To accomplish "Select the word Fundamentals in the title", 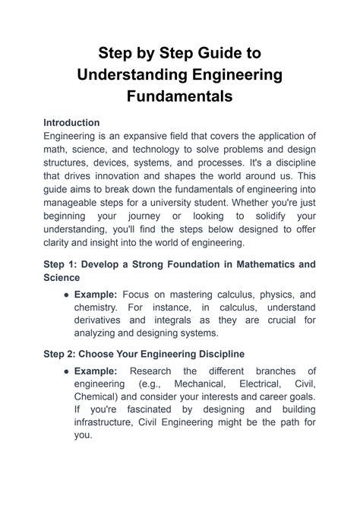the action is tap(180, 96).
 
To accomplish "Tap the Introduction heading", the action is tap(72, 122).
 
